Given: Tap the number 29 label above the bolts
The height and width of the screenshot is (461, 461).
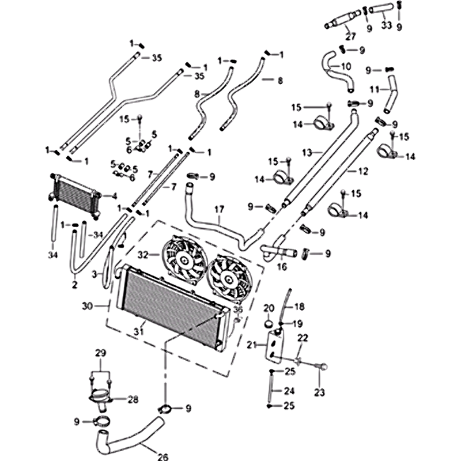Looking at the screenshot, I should pyautogui.click(x=101, y=353).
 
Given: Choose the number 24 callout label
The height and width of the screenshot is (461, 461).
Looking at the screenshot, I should pyautogui.click(x=289, y=390).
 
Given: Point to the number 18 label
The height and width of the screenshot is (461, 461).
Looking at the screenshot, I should pyautogui.click(x=300, y=307).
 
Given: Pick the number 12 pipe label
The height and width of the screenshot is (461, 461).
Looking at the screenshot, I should pyautogui.click(x=362, y=171).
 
